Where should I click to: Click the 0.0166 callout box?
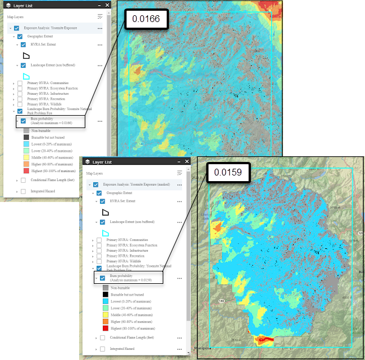pyautogui.click(x=146, y=19)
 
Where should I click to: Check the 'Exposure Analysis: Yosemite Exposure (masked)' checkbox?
pyautogui.click(x=96, y=185)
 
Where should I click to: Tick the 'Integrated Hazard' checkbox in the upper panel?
pyautogui.click(x=23, y=191)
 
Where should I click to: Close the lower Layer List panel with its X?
pyautogui.click(x=186, y=163)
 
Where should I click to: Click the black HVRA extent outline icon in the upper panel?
pyautogui.click(x=26, y=55)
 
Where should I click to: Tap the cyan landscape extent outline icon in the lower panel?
pyautogui.click(x=105, y=232)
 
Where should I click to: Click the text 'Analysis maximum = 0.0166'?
pyautogui.click(x=51, y=123)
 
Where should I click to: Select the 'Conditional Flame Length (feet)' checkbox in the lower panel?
pyautogui.click(x=102, y=338)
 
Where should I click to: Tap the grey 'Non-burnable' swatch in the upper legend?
pyautogui.click(x=27, y=130)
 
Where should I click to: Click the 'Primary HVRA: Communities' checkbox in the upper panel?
pyautogui.click(x=20, y=84)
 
